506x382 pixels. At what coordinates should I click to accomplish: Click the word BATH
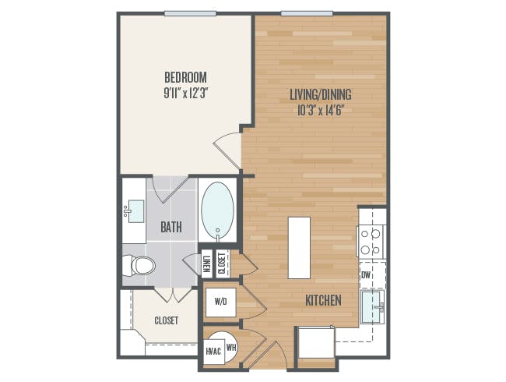[x=171, y=228]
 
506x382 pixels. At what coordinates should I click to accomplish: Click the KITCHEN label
[x=322, y=299]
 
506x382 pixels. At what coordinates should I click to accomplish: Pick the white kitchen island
[x=299, y=247]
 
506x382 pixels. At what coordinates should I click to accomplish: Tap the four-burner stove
[x=371, y=241]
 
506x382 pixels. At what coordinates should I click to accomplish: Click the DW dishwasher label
[x=366, y=274]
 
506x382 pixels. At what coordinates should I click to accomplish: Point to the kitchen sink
[x=373, y=306]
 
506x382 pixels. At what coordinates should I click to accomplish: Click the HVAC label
[x=213, y=352]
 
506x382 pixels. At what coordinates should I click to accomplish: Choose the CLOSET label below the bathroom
[x=166, y=320]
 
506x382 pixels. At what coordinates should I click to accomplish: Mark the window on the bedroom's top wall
[x=191, y=13]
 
